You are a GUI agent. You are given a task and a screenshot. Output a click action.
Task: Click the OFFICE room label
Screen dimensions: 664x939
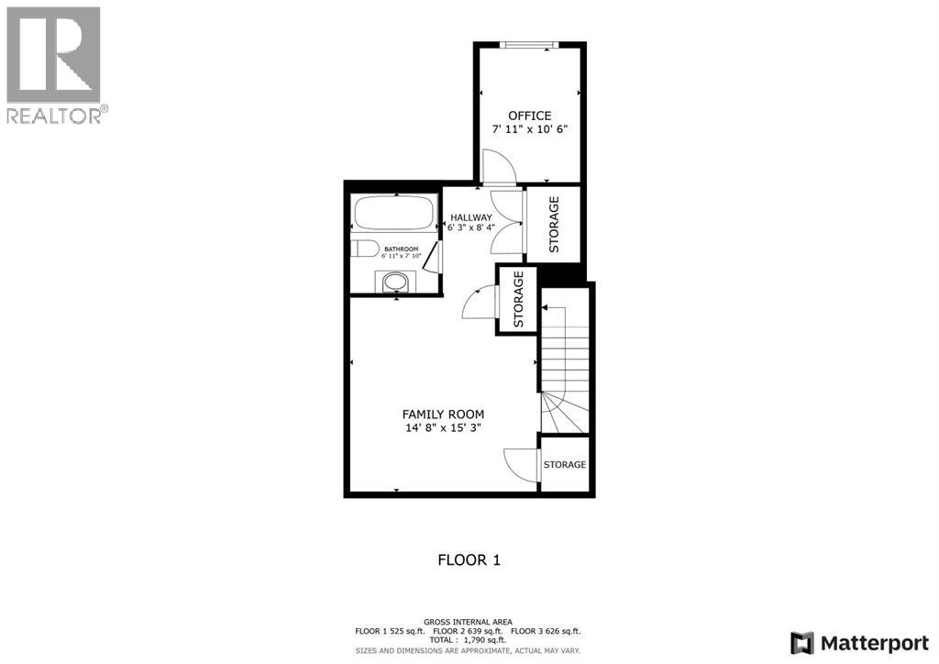(x=530, y=116)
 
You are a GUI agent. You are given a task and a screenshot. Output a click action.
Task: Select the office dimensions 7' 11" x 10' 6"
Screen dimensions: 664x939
(x=530, y=129)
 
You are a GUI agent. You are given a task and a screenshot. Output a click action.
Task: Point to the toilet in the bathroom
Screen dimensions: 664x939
(x=365, y=249)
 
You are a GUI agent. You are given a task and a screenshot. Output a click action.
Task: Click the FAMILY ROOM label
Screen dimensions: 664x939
(x=443, y=415)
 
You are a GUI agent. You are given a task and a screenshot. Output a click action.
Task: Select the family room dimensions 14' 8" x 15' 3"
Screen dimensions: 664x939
(x=443, y=428)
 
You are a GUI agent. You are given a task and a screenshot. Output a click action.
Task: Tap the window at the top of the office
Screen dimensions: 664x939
(x=529, y=45)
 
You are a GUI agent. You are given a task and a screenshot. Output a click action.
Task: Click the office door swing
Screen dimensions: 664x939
(x=501, y=167)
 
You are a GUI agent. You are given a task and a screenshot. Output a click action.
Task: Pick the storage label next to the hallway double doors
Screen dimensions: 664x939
(x=554, y=225)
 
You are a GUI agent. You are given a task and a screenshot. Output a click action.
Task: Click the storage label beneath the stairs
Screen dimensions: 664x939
(x=564, y=465)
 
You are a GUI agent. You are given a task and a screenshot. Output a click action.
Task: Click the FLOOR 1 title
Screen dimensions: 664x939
(x=469, y=559)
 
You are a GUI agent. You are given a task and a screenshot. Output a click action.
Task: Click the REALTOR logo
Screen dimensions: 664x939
(x=55, y=64)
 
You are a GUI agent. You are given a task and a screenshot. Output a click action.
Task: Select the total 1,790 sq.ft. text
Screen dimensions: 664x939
(x=469, y=640)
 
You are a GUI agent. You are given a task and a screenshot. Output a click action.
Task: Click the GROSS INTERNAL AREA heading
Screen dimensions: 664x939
(x=469, y=622)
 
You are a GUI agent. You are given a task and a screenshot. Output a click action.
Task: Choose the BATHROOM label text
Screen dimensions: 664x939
(x=401, y=249)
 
